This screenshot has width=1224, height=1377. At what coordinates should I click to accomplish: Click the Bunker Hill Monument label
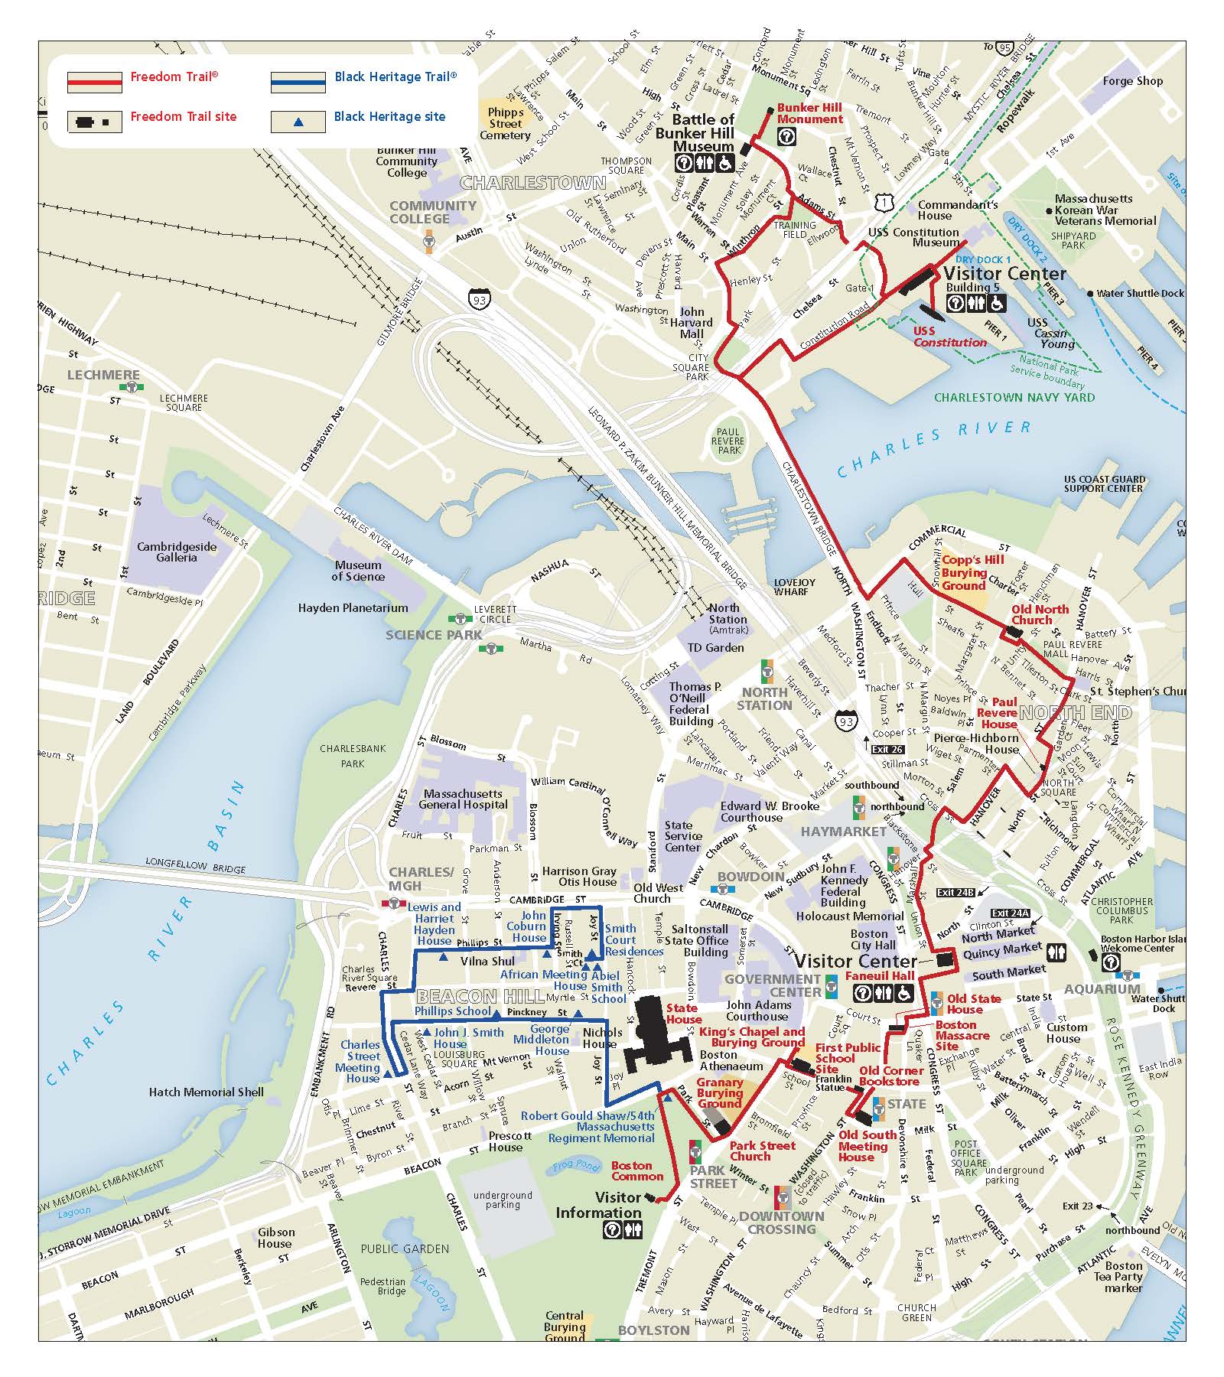point(809,113)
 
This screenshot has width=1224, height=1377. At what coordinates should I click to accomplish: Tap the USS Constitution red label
point(949,337)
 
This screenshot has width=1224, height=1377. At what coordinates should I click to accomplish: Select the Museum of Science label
point(357,571)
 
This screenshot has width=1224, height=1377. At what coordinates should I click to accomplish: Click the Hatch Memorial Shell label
point(206,1092)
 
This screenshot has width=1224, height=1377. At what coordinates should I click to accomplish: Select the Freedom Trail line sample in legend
point(94,81)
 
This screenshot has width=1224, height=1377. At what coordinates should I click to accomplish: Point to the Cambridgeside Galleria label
point(177,552)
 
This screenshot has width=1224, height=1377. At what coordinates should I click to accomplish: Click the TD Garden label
point(715,647)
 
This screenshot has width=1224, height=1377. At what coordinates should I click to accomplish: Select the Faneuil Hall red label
point(880,976)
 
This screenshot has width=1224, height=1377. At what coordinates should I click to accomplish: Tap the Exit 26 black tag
point(887,750)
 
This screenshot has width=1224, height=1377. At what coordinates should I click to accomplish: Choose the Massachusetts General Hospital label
point(464,799)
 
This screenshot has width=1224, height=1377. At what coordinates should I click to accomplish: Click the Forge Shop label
point(1132,81)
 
